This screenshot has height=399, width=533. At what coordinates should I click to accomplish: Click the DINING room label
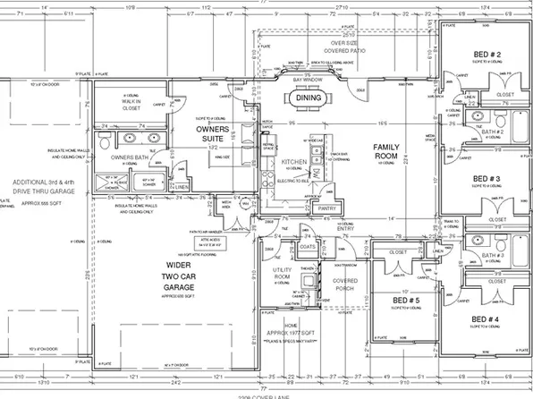click(x=309, y=98)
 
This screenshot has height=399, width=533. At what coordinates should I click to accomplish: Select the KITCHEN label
click(x=294, y=162)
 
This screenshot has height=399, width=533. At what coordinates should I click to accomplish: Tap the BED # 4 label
click(x=486, y=319)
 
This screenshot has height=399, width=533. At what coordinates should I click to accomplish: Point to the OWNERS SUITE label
click(x=215, y=134)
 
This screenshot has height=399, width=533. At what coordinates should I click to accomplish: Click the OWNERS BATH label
click(x=128, y=157)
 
